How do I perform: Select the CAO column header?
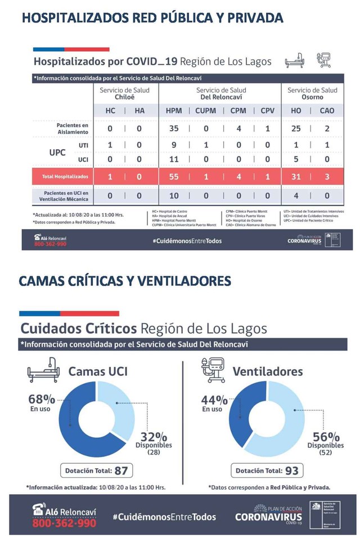pos(326,111)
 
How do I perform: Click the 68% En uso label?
pos(42,402)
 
